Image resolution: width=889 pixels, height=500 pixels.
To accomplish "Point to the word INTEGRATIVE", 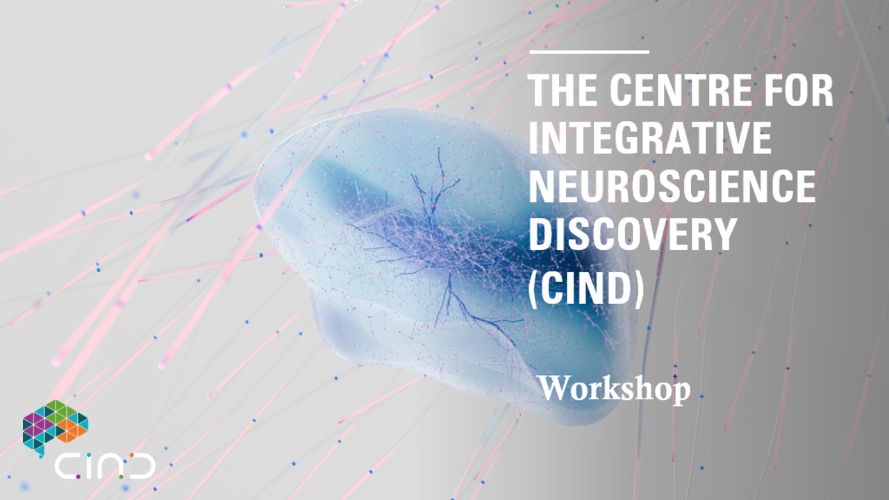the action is pos(650,138).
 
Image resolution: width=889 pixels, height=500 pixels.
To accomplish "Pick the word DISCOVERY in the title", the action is pos(633,234).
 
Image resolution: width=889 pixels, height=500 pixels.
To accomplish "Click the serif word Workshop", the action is pos(615,390).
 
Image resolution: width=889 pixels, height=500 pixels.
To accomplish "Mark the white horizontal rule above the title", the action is pos(590,52).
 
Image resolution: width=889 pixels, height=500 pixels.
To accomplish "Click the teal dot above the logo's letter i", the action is pos(89,455).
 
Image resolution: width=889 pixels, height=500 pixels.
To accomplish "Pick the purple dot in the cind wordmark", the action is pos(78,476).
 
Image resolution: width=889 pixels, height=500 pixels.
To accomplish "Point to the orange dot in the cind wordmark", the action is pos(132,455).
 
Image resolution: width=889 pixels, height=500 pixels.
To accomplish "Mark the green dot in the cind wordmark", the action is pos(121,477).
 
